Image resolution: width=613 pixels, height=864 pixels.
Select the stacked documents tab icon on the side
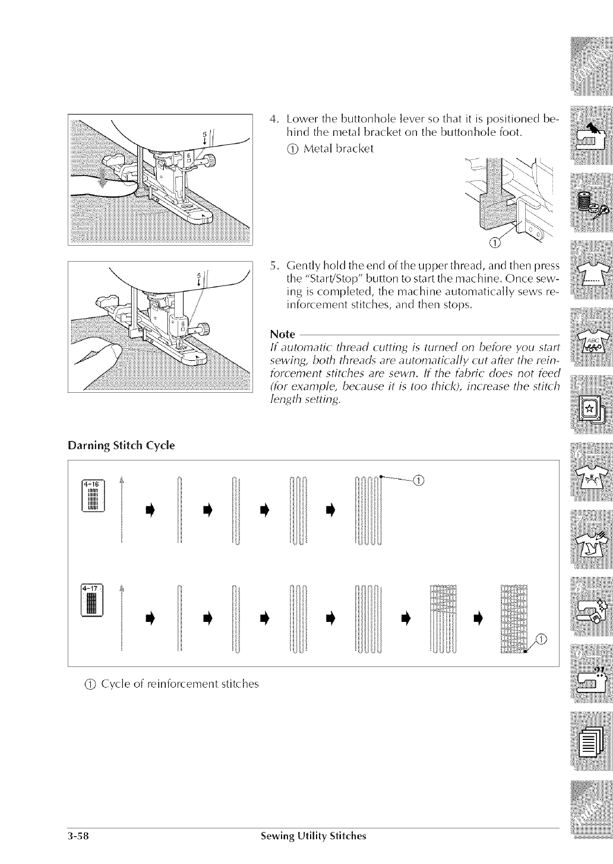[590, 741]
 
